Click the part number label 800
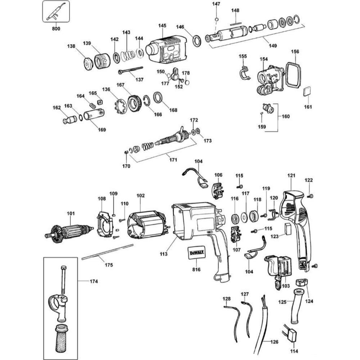(x=56, y=28)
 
